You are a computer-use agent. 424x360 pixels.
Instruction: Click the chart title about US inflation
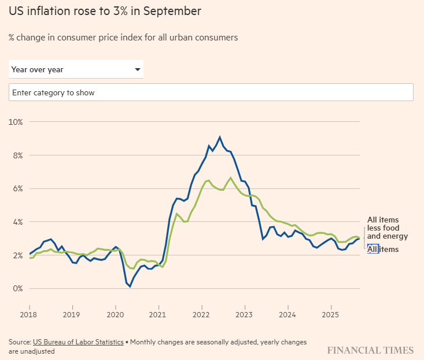(x=105, y=12)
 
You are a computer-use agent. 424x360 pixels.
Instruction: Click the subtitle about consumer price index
(x=123, y=38)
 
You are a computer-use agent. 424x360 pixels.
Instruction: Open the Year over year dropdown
(x=75, y=70)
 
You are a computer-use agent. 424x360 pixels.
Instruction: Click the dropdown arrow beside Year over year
(x=138, y=70)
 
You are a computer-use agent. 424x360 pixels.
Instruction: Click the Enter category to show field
(x=211, y=92)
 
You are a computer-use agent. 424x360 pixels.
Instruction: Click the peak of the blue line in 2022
(x=220, y=138)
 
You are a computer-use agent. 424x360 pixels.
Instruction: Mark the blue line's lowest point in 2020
(x=130, y=286)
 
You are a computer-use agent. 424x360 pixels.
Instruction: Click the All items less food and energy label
(x=388, y=228)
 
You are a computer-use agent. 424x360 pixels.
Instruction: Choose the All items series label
(x=383, y=249)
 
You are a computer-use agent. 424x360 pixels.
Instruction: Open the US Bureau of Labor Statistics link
(x=78, y=342)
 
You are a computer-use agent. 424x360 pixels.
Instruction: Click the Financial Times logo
(x=370, y=350)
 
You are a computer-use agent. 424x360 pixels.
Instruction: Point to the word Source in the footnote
(x=19, y=342)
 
